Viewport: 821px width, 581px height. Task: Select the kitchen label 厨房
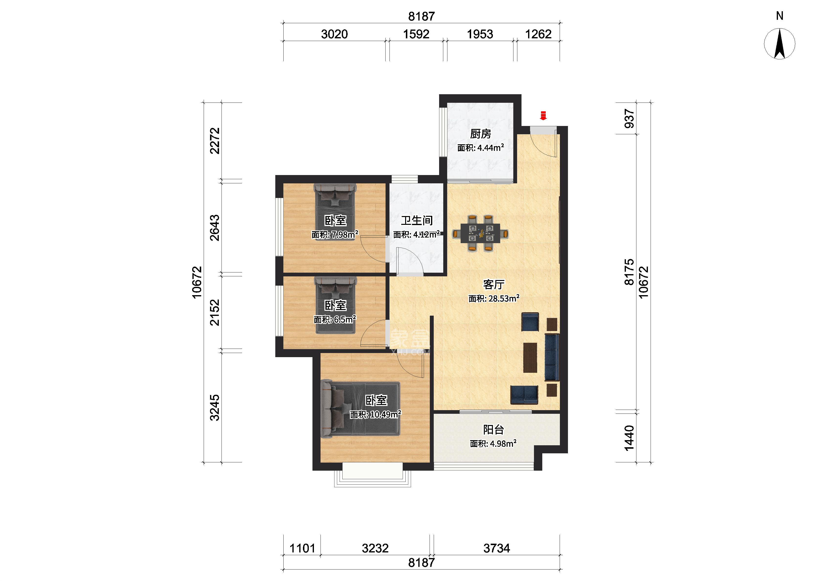480,134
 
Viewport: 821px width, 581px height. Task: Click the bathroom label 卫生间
417,220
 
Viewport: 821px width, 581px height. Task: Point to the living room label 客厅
494,284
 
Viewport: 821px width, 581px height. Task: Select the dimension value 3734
497,548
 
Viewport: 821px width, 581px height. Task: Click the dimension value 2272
215,141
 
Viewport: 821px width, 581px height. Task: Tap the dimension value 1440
629,438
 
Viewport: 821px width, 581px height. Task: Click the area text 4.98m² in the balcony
503,444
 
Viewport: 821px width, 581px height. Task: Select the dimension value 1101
302,548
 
